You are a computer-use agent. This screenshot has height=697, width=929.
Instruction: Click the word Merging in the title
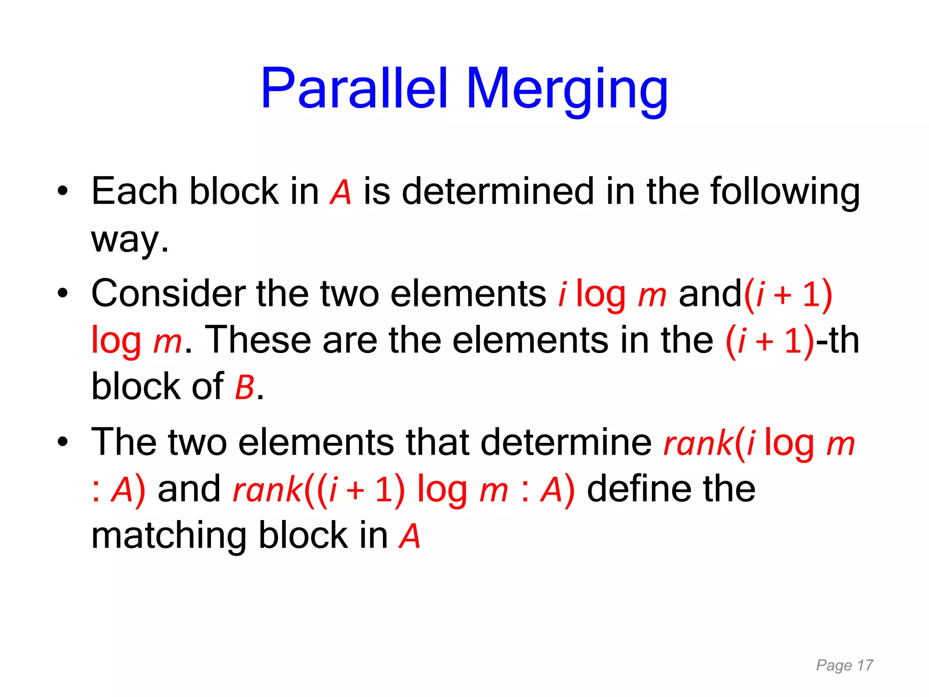pos(567,90)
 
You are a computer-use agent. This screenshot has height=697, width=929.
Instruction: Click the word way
pos(129,240)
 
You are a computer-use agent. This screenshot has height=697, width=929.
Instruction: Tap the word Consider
pos(168,294)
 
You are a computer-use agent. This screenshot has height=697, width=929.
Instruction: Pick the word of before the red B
pos(207,386)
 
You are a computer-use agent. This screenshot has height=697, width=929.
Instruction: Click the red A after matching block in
pos(410,537)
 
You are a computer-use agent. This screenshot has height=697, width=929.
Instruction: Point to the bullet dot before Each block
pos(63,191)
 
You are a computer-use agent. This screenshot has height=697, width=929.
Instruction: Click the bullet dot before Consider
pos(63,294)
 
